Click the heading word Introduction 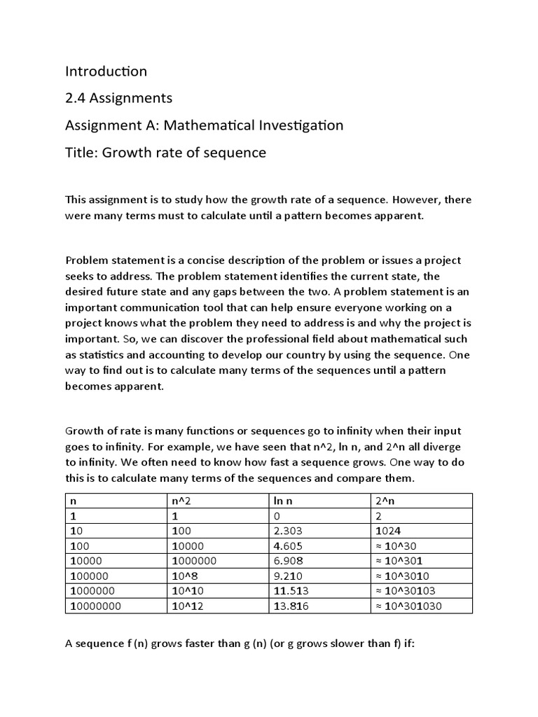pyautogui.click(x=106, y=71)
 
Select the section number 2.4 pyautogui.click(x=76, y=98)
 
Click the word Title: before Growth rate pyautogui.click(x=82, y=153)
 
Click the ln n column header pyautogui.click(x=282, y=501)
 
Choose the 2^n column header pyautogui.click(x=385, y=501)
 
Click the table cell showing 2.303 pyautogui.click(x=288, y=531)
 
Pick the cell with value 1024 pyautogui.click(x=387, y=531)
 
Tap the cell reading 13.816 pyautogui.click(x=291, y=606)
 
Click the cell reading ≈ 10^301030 pyautogui.click(x=409, y=606)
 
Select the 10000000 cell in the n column pyautogui.click(x=95, y=606)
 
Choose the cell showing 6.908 pyautogui.click(x=288, y=561)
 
